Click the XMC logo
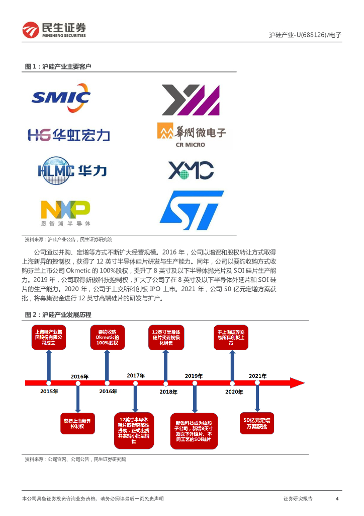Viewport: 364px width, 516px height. click(x=191, y=170)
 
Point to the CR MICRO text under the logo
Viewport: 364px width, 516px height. click(x=190, y=145)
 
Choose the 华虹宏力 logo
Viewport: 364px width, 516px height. click(x=68, y=135)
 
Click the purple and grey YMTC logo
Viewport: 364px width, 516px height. click(x=191, y=100)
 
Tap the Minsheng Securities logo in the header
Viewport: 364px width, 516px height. click(x=54, y=30)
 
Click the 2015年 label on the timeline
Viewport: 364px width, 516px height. click(x=49, y=392)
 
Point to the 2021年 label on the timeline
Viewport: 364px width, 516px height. click(x=257, y=376)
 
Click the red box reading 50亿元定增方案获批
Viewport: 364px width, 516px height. click(x=257, y=423)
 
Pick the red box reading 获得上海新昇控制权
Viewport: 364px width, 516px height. click(x=77, y=423)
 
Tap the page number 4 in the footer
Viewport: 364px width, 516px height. click(x=337, y=498)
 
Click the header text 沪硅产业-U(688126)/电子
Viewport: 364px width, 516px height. click(x=305, y=35)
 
